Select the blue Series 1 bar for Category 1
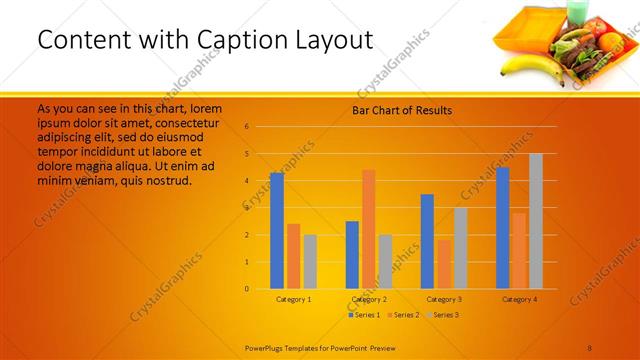[x=277, y=230]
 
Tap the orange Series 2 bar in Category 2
[x=369, y=229]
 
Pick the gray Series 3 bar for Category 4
[x=536, y=221]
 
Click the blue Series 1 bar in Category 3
[x=427, y=241]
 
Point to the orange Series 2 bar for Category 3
[x=444, y=264]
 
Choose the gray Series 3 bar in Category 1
[x=310, y=261]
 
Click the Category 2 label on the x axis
[x=369, y=299]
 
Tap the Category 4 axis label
[x=519, y=299]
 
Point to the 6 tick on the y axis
[x=246, y=127]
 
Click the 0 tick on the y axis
[x=246, y=289]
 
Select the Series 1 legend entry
[x=366, y=315]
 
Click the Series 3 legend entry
[x=444, y=315]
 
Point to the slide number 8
[x=589, y=346]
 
